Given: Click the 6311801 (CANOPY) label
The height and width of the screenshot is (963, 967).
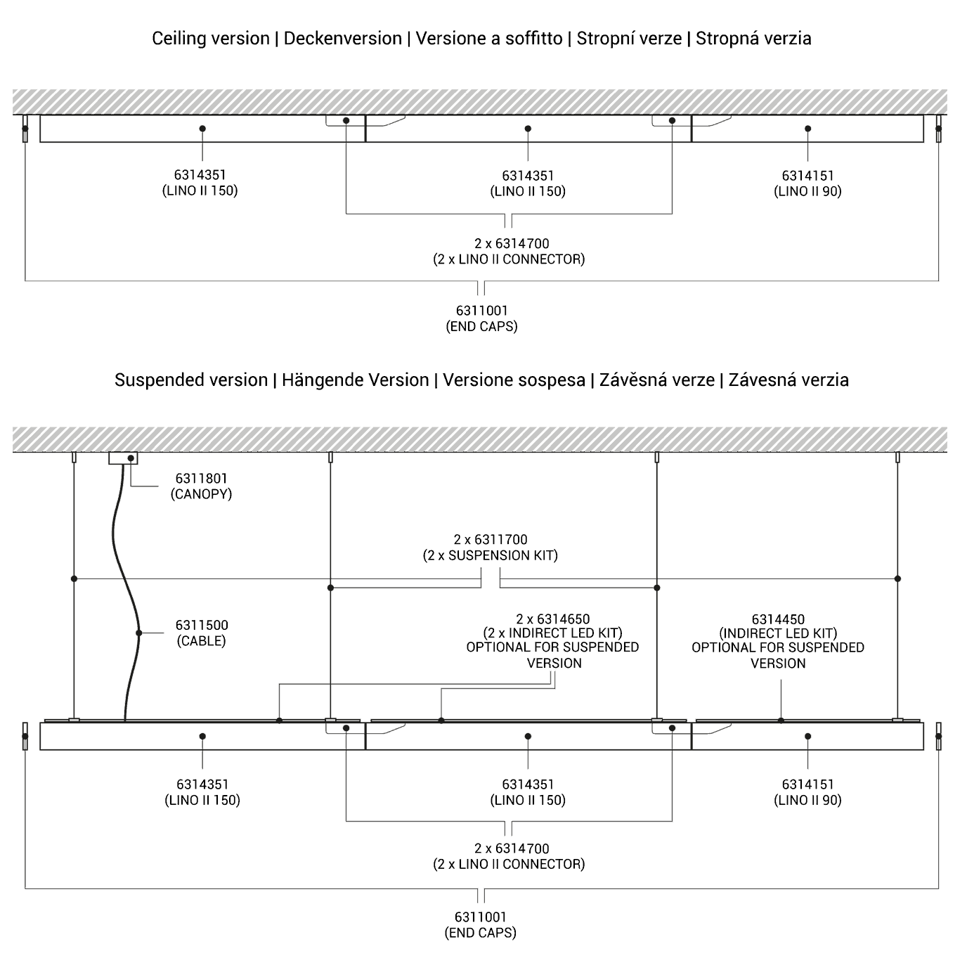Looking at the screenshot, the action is coord(201,486).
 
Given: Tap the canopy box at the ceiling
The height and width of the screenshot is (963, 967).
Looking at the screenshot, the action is coord(123,458).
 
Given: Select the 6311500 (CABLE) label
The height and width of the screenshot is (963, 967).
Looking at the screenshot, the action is coord(201,633).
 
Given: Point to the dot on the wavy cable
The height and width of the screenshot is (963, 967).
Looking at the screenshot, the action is coord(139,633).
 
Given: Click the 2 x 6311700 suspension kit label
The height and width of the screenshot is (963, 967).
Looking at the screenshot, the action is coord(491,548).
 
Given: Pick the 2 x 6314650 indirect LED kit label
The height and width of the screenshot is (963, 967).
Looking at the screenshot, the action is coord(552,640).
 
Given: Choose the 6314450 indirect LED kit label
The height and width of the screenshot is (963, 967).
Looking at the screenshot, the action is coord(778,641).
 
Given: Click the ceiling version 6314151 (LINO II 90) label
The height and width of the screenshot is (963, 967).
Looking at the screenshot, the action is coord(807,183).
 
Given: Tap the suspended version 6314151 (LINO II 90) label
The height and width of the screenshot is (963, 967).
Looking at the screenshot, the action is coord(807,791).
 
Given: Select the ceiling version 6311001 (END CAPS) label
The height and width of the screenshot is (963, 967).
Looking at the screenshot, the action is coord(481,318).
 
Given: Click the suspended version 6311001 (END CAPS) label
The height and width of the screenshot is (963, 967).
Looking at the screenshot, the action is coord(480,925).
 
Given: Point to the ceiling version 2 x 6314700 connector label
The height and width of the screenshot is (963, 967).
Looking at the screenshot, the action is coord(509,251).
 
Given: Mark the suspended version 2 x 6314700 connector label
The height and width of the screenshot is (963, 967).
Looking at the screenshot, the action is coord(509,856).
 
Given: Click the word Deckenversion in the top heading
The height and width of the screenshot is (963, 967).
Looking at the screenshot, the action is coord(343,39).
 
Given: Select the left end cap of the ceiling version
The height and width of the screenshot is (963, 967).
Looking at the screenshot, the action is coord(25,129).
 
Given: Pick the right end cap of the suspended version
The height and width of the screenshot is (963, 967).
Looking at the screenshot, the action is coord(938,736).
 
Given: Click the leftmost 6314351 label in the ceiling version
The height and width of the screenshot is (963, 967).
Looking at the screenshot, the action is coord(200,183).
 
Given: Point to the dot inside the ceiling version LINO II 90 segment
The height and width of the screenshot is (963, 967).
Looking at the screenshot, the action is coord(808,129).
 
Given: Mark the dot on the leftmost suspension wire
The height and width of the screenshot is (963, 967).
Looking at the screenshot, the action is coord(74,579).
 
